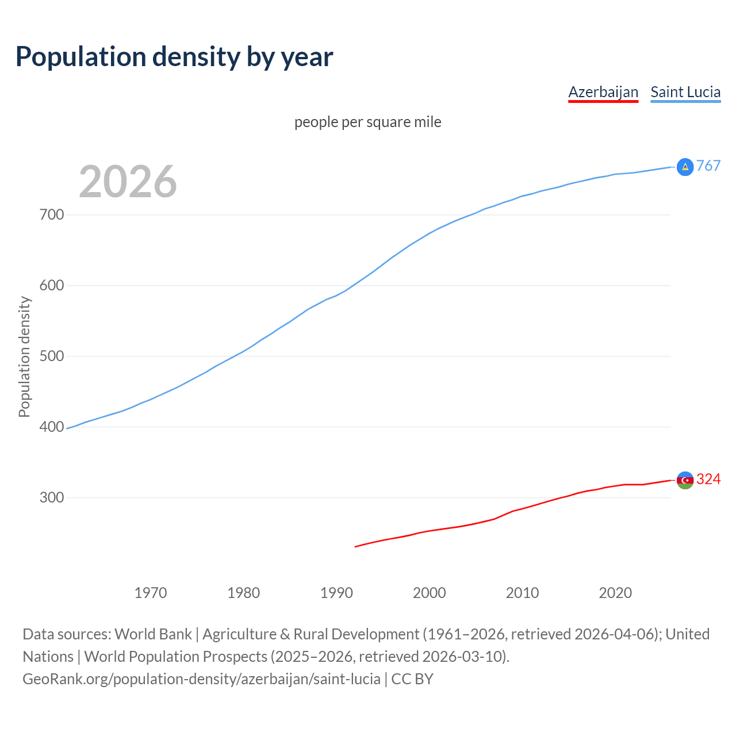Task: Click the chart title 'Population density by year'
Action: [x=174, y=57]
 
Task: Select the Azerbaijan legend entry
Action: [x=603, y=92]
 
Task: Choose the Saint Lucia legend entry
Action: [x=685, y=92]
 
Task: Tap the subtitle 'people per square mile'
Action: [x=368, y=122]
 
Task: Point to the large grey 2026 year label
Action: [x=128, y=182]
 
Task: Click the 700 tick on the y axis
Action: [x=52, y=215]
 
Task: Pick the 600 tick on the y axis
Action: [x=52, y=286]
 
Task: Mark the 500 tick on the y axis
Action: [x=52, y=356]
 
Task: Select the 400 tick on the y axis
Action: [x=52, y=427]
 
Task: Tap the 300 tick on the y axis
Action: [x=52, y=498]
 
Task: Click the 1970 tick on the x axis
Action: [x=151, y=593]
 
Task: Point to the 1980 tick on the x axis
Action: [x=244, y=593]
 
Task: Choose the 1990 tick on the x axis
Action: [x=336, y=593]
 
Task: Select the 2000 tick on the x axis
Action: [x=430, y=593]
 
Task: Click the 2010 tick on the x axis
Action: [x=523, y=593]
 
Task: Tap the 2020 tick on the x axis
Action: [x=615, y=593]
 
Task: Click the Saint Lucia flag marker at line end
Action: [x=685, y=167]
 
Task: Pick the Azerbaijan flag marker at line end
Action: [x=685, y=480]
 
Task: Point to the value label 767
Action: [x=708, y=166]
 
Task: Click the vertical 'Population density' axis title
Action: [x=24, y=356]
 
